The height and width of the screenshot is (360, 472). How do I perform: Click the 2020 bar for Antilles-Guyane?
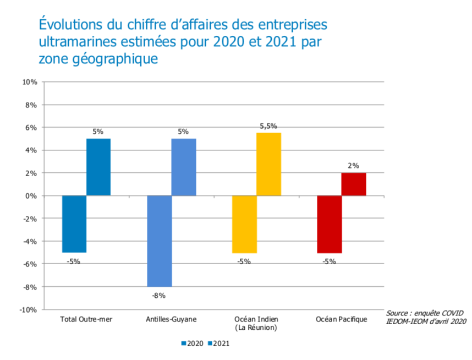tap(159, 241)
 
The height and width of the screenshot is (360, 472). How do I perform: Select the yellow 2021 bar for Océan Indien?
tap(269, 164)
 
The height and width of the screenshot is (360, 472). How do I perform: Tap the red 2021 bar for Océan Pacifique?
tap(354, 184)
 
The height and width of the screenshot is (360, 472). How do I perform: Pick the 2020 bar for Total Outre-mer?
tap(74, 224)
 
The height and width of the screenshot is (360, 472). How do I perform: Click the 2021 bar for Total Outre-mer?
tap(98, 167)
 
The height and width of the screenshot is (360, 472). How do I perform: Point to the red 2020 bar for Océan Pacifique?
tap(330, 224)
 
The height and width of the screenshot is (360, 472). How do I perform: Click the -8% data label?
tap(158, 295)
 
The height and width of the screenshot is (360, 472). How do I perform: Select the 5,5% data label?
tap(268, 126)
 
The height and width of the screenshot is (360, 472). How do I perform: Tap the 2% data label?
tap(353, 166)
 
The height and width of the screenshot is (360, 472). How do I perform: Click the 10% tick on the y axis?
tap(29, 82)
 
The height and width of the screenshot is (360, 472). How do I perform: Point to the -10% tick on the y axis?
tap(28, 310)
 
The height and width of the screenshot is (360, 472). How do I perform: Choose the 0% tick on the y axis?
tap(31, 196)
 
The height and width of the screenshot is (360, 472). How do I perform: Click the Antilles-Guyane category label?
tap(171, 319)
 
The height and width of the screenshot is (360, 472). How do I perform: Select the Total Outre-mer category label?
tap(86, 319)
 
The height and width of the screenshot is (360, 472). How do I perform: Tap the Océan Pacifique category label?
tap(341, 319)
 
